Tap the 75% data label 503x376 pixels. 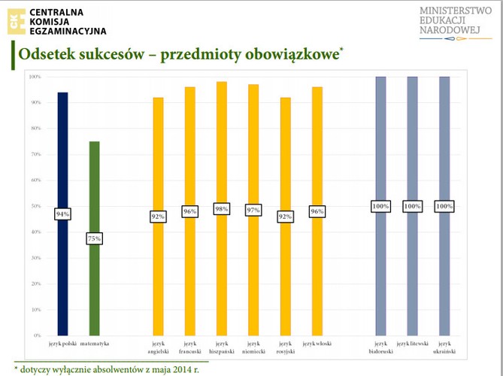[x=94, y=239]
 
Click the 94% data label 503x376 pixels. [x=62, y=214]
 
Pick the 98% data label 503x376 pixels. [x=221, y=209]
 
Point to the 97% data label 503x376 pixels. [x=253, y=210]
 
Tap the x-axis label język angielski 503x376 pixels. [x=158, y=347]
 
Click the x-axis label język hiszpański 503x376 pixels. [x=221, y=347]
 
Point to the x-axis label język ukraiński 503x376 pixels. [x=444, y=347]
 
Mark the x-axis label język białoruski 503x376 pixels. [x=380, y=347]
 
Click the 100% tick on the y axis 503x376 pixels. [x=35, y=77]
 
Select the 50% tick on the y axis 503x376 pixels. [x=35, y=206]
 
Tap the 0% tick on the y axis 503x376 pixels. [x=37, y=335]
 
